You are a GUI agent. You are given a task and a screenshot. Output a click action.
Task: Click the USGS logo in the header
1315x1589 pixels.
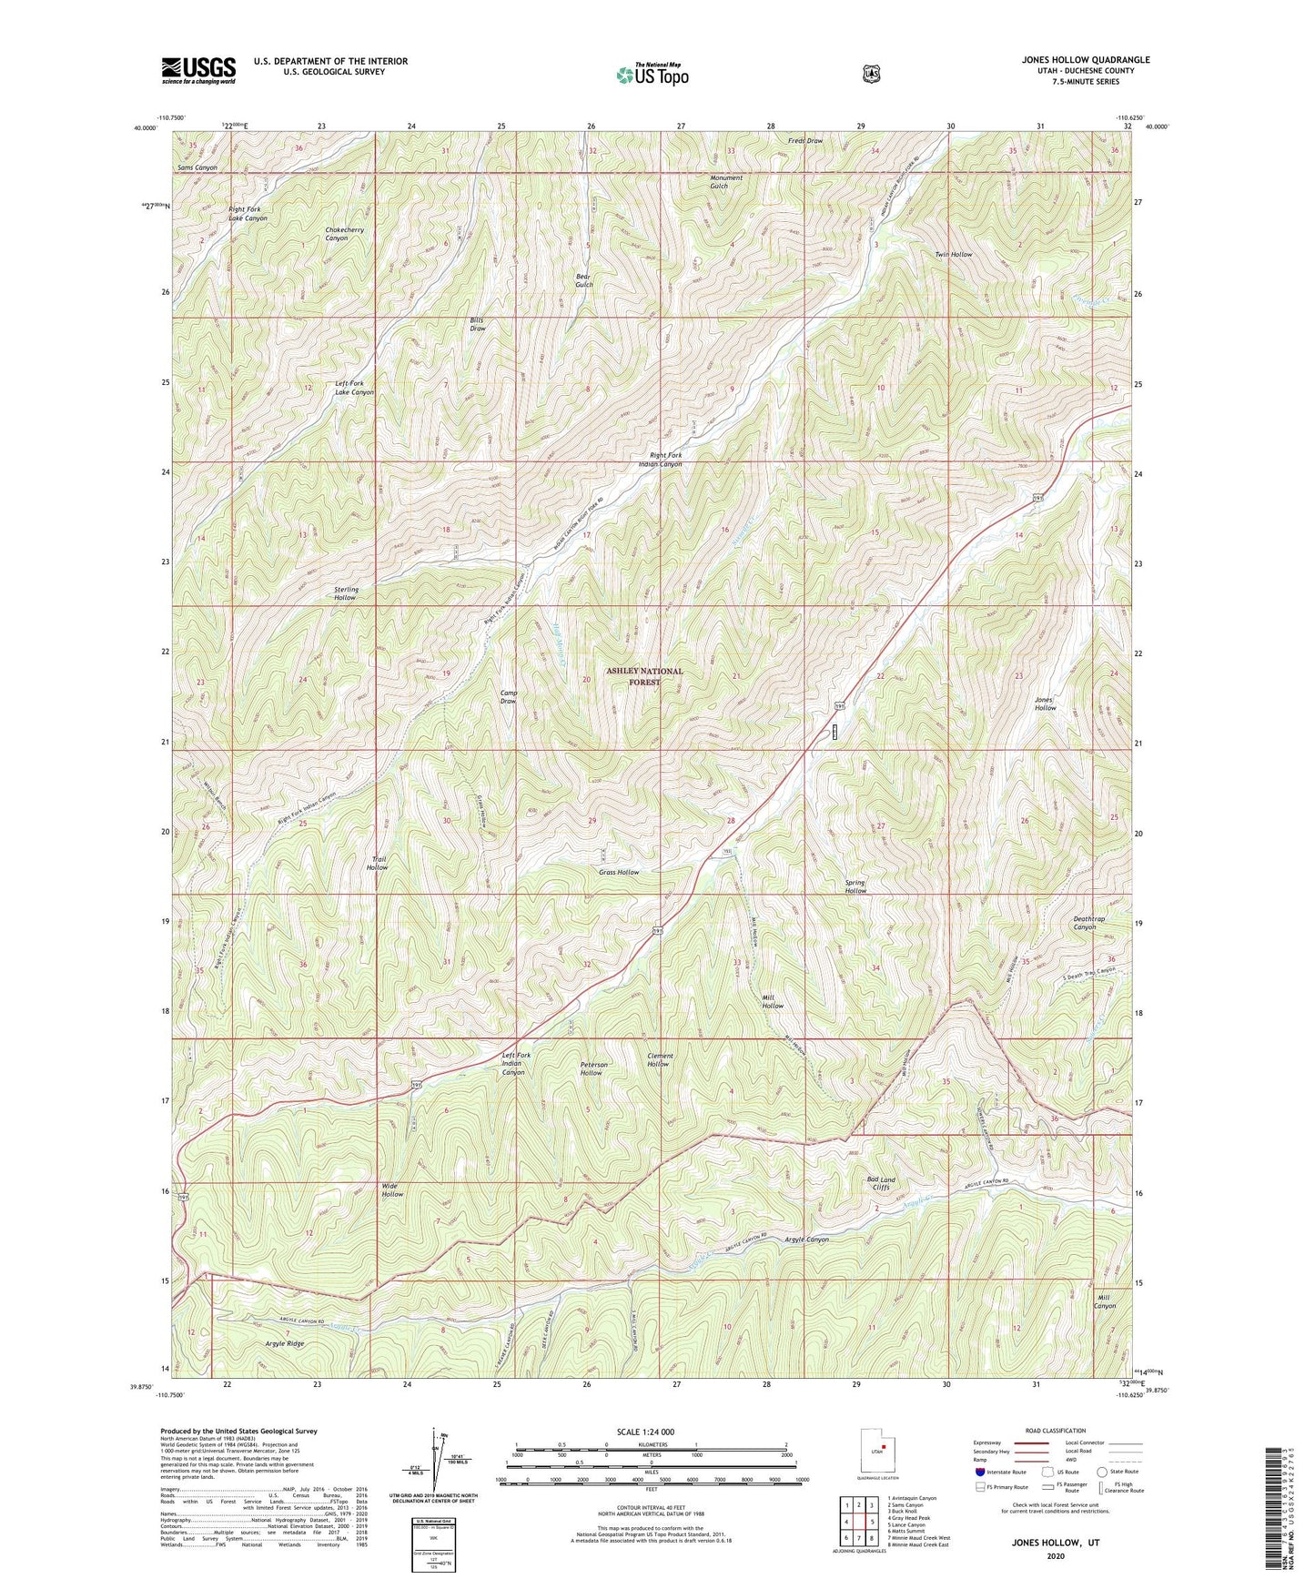pos(198,70)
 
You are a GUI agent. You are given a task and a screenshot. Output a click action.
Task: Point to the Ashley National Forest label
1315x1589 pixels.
pos(644,676)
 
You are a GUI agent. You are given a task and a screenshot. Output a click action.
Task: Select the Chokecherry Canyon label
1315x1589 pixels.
pos(344,234)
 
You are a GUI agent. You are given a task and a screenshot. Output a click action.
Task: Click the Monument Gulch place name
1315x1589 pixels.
pos(726,181)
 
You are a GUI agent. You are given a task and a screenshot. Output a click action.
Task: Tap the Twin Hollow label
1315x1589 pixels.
pos(954,255)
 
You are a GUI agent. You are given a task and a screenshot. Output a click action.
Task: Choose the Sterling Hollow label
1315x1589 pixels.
pos(345,593)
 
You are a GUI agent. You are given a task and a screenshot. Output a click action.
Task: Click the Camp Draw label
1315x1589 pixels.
pos(509,697)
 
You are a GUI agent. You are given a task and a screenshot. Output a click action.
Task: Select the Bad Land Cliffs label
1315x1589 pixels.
pos(881,1183)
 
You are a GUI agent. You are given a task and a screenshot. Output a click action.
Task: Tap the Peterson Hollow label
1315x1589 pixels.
pos(592,1068)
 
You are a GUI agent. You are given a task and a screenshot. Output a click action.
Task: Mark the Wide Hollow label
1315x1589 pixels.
pos(392,1189)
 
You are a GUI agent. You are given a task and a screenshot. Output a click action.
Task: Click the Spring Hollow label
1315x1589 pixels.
pos(855,886)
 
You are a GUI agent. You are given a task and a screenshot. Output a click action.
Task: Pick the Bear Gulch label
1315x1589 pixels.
pos(584,280)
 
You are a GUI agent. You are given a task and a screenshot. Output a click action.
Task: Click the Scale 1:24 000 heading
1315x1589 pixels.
pos(645,1432)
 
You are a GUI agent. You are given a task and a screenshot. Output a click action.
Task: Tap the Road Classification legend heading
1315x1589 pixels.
pos(1055,1431)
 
